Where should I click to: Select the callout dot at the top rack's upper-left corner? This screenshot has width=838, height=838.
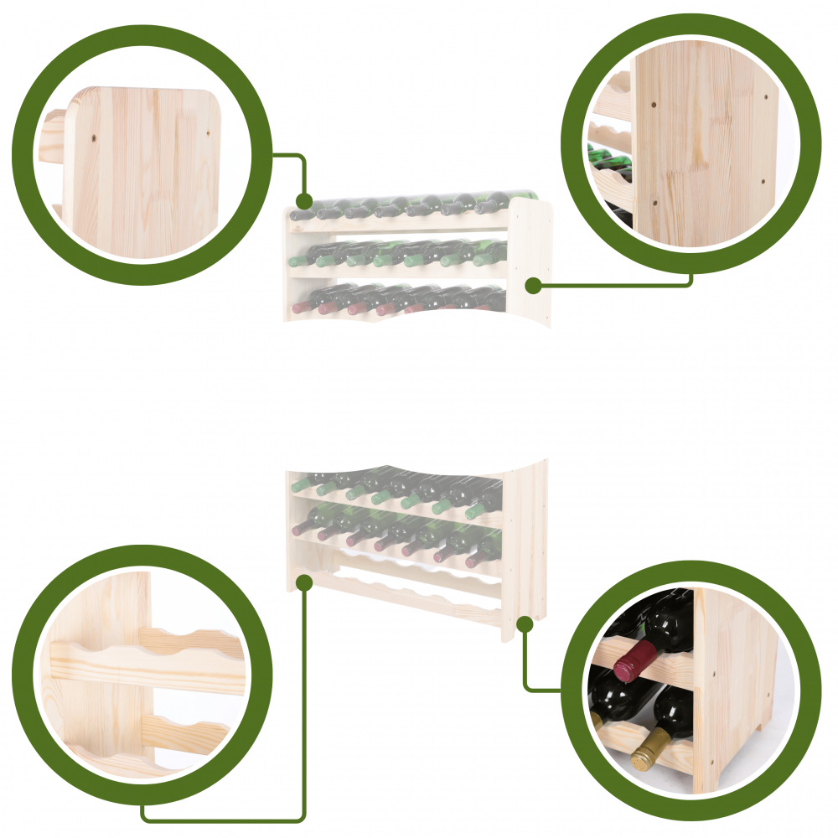304,201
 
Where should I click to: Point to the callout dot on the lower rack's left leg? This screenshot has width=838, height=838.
304,582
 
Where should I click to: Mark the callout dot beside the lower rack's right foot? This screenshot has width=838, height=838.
525,623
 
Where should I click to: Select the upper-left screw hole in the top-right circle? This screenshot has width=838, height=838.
653,106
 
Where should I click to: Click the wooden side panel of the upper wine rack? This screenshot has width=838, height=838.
530,260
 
